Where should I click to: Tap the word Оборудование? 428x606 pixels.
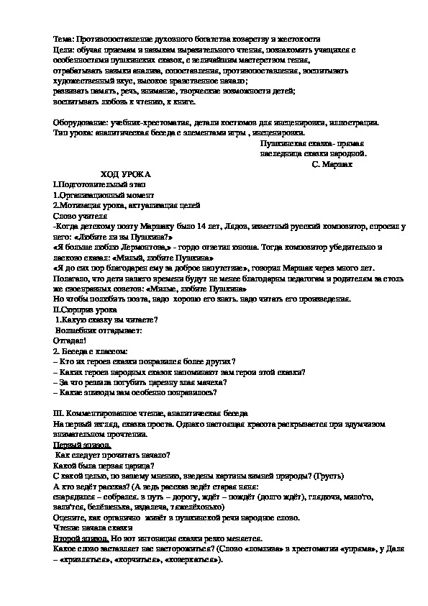point(81,122)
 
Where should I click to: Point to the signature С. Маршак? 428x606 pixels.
point(333,164)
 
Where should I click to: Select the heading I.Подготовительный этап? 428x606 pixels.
point(89,185)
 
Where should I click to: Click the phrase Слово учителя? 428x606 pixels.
point(81,215)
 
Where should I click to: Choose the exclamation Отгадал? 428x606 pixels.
point(70,340)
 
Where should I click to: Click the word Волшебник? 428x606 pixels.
point(76,330)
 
